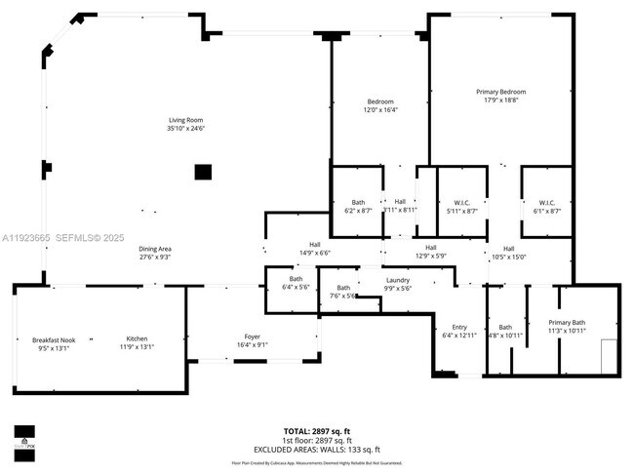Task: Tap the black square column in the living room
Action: click(x=202, y=173)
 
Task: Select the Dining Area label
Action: click(x=155, y=249)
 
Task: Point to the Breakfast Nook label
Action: click(x=40, y=339)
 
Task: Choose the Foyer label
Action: click(x=252, y=337)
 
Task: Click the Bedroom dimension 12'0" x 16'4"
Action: click(x=380, y=109)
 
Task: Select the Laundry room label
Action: click(x=397, y=281)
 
